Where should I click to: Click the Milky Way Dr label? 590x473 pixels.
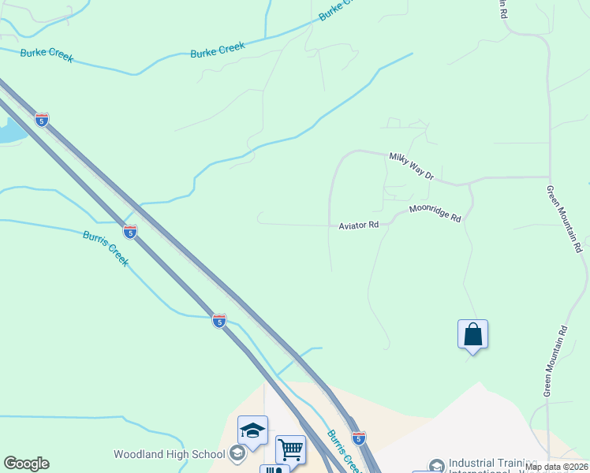tap(411, 166)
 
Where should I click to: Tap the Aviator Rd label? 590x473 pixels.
tap(359, 225)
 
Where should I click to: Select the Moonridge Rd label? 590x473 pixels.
tap(435, 213)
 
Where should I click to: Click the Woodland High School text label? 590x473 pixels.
tap(170, 454)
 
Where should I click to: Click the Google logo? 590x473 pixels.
tap(26, 464)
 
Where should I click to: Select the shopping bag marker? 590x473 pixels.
tap(472, 334)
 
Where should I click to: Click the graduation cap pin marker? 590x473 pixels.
tap(252, 430)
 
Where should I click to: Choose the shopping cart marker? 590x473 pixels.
tap(290, 449)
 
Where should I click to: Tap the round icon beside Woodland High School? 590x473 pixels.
tap(237, 454)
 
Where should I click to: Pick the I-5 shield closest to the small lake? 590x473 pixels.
tap(42, 120)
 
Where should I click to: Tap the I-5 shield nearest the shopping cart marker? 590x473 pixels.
tap(358, 438)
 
